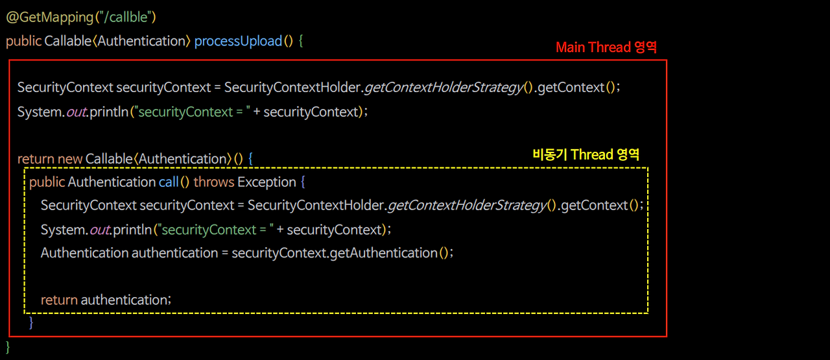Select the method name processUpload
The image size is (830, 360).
pos(238,41)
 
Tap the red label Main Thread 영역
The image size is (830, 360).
pos(607,47)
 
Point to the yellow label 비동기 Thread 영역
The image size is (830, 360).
pos(586,154)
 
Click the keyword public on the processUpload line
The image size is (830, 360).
pos(23,41)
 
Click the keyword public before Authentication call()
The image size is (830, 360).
pos(47,182)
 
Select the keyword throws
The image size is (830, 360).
pos(213,182)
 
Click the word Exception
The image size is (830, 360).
pos(267,182)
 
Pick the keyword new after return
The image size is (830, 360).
pos(70,159)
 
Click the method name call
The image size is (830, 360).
pos(169,182)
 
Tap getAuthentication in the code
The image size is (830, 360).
pos(383,253)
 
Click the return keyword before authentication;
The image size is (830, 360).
pos(59,300)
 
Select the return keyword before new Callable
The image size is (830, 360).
pos(36,159)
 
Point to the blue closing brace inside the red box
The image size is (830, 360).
pos(31,322)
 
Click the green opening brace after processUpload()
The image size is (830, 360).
pos(301,41)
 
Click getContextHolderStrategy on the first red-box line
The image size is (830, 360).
pos(445,88)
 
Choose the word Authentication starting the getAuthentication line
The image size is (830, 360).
pos(84,253)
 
